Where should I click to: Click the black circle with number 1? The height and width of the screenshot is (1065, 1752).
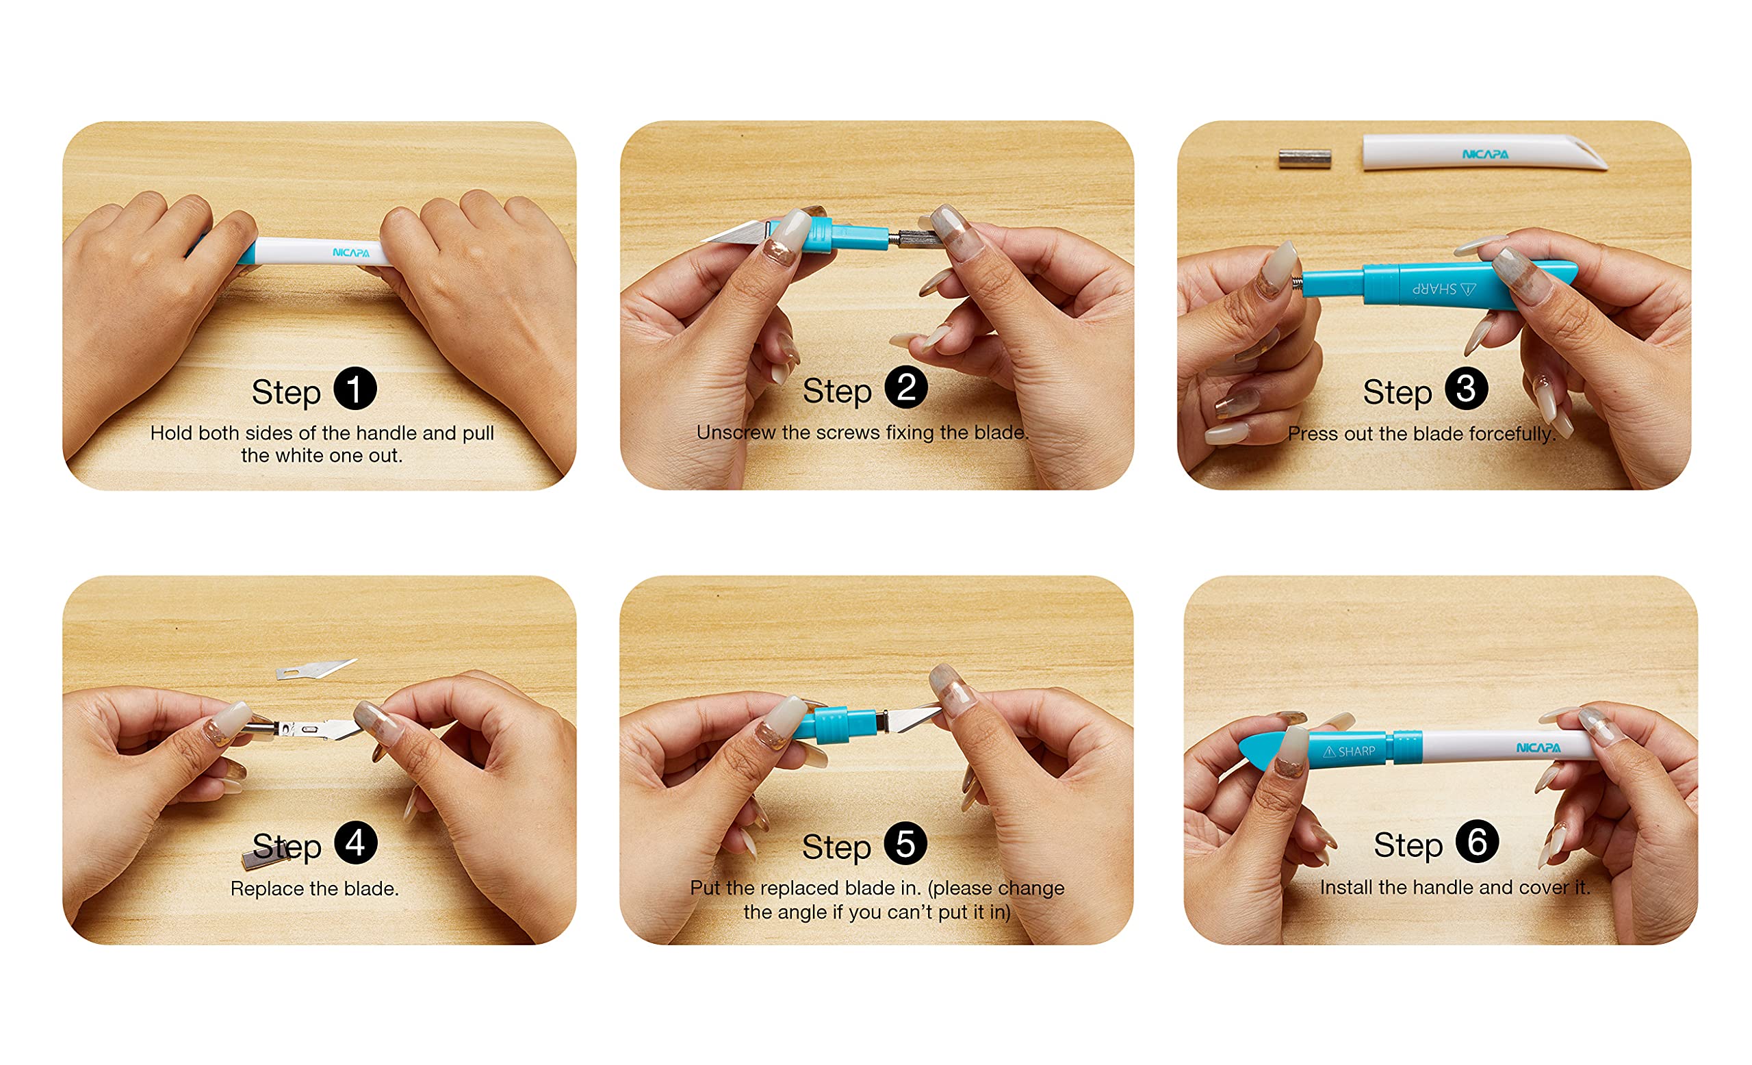[x=355, y=389]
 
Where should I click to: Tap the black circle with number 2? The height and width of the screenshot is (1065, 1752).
[x=906, y=387]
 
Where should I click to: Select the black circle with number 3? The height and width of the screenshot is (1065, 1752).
[x=1466, y=389]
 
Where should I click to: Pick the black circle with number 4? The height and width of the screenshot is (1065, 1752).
[x=355, y=843]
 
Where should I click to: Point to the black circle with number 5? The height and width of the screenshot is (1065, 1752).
[x=905, y=844]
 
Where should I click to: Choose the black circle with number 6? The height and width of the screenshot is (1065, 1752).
[x=1477, y=842]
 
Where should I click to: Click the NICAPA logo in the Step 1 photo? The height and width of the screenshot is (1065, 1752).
[x=351, y=253]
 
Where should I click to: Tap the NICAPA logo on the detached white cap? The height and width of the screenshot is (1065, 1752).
[x=1484, y=154]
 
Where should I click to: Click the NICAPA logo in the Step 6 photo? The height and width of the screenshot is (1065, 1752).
[x=1538, y=748]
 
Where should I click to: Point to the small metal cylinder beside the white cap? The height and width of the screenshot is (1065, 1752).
[x=1304, y=159]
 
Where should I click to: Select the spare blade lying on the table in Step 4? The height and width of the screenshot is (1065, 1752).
[x=315, y=669]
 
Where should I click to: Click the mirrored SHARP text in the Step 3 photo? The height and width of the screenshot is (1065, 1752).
[x=1443, y=289]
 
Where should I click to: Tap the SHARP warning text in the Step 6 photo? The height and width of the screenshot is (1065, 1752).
[x=1349, y=752]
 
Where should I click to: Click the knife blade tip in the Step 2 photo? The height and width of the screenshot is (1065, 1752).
[x=702, y=240]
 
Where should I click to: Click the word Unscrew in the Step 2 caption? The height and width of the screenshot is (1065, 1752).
[x=736, y=433]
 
